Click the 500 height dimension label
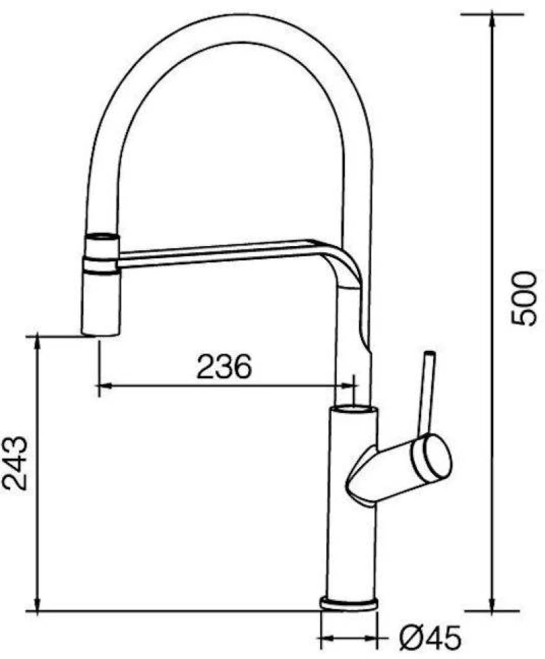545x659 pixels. point(524,298)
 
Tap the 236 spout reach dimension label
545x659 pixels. point(224,366)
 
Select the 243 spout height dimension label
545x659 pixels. point(15,463)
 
